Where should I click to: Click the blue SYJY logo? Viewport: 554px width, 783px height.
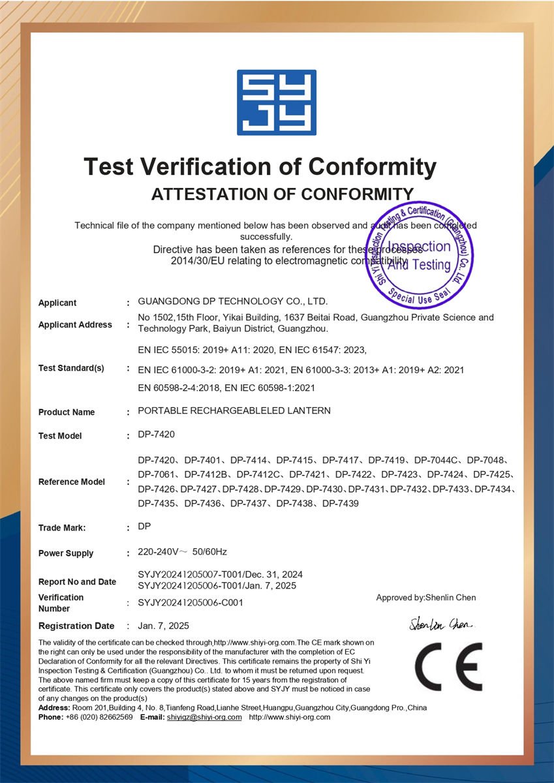point(277,102)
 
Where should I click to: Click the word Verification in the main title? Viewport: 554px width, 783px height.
point(209,167)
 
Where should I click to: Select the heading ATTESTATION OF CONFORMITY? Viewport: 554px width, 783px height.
point(283,194)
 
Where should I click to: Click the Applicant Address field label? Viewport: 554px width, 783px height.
point(75,325)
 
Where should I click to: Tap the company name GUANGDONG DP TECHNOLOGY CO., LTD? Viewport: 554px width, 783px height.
point(233,301)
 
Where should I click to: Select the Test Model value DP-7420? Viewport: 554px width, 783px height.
point(157,435)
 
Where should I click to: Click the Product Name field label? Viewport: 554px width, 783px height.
point(67,412)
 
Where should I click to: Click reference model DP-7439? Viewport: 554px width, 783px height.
point(341,504)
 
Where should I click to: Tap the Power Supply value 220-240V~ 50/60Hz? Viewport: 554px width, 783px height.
point(183,552)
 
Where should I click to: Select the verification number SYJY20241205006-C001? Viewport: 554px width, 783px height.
point(191,603)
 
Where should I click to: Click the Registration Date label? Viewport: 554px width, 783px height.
point(76,626)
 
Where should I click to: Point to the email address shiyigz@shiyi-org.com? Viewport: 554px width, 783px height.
point(204,717)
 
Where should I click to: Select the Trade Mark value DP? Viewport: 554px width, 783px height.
point(144,526)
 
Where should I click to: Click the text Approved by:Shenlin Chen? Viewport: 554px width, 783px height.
point(426,598)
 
